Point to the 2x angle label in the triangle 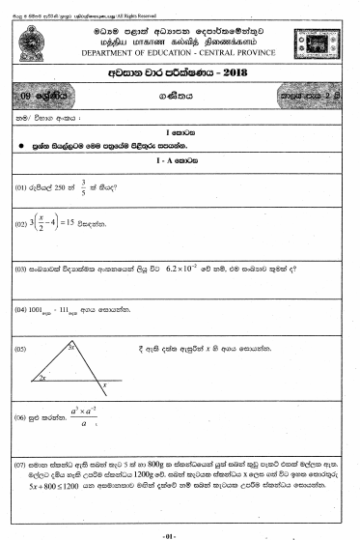pyautogui.click(x=43, y=378)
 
